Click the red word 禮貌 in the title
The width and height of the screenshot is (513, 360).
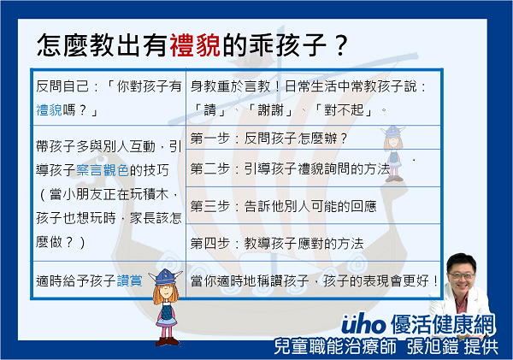[x=195, y=44]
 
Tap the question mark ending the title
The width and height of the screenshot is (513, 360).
[x=341, y=45]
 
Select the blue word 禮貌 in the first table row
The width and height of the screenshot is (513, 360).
[x=49, y=110]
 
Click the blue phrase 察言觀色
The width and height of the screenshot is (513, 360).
[x=103, y=170]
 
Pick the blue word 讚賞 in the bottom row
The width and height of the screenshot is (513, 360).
[x=130, y=280]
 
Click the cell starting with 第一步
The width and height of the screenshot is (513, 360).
[x=313, y=138]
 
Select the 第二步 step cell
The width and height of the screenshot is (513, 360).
[x=313, y=168]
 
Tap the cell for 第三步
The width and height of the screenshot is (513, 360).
[x=313, y=205]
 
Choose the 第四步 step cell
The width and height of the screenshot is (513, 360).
[x=313, y=243]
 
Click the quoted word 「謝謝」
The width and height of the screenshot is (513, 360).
[x=270, y=110]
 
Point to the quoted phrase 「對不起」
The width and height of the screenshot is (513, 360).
[x=344, y=110]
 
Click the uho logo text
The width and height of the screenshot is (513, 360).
[x=363, y=324]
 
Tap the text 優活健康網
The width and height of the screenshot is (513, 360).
[x=443, y=324]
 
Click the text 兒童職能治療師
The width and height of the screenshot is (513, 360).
[x=335, y=346]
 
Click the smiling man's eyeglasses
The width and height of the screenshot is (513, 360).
[x=462, y=275]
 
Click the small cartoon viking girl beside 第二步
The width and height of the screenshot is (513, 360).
[x=393, y=154]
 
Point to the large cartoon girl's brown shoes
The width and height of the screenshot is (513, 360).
[x=168, y=341]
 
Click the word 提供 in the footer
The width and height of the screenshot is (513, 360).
[x=481, y=347]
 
